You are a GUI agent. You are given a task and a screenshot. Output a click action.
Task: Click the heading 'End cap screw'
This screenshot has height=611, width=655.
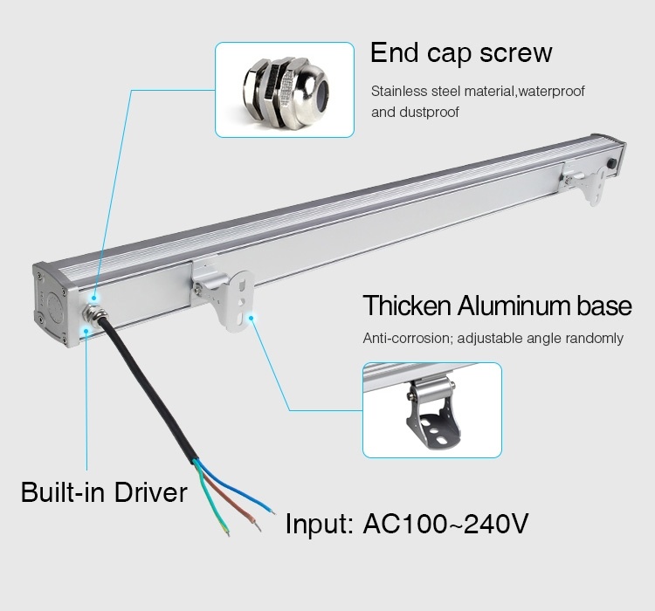point(461,53)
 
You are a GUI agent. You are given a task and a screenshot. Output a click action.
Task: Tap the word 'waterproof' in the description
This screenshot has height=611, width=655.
point(551,91)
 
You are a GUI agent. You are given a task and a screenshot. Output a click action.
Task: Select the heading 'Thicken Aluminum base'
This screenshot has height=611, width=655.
point(497,305)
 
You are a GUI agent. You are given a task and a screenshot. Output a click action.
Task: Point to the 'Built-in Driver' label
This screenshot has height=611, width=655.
point(104,492)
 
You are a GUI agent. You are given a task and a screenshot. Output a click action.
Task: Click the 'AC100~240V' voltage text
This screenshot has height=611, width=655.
point(445,524)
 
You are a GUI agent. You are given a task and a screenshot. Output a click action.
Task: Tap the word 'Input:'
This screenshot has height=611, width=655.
point(319,524)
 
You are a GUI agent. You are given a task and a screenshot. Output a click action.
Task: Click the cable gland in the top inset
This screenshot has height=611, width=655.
point(286,91)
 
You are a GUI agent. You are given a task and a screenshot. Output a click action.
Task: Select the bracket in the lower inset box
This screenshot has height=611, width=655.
point(433,414)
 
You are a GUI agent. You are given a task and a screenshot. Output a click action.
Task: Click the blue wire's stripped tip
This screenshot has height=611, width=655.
point(272,511)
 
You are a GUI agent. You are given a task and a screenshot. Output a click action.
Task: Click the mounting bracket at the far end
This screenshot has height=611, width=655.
point(586,182)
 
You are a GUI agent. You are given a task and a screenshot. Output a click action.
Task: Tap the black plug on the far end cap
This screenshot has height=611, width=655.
point(613,162)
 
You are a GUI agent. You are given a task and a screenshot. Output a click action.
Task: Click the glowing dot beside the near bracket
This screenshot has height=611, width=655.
point(251,318)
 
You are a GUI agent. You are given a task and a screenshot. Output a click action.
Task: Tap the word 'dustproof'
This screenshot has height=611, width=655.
point(429,112)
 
